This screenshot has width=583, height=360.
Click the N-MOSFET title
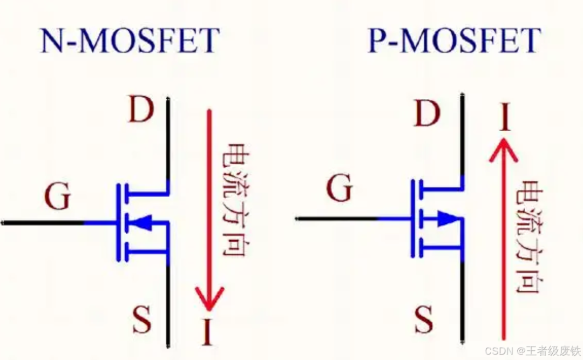point(130,40)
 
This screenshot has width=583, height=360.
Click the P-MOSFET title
point(454,40)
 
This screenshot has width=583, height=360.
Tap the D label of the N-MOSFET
point(141,109)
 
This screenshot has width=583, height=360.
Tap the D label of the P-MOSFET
point(427,113)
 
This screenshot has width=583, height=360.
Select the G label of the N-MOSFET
point(58,197)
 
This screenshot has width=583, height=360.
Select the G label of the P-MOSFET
point(340,188)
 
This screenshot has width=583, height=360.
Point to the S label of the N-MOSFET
point(142,320)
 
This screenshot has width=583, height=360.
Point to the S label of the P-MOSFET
point(424,320)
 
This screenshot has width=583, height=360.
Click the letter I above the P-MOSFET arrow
point(505,117)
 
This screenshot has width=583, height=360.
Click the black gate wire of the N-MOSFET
point(43,223)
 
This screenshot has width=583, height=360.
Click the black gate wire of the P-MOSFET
point(337,219)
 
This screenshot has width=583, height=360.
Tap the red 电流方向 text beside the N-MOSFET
point(235,200)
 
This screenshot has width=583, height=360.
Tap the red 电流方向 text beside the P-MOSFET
point(529,237)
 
